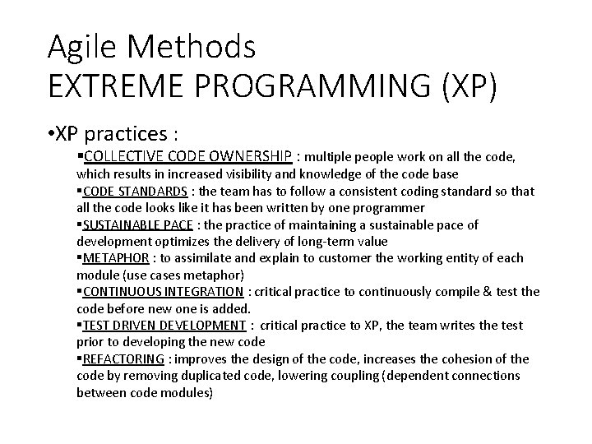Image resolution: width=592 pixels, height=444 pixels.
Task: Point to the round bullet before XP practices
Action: (x=51, y=132)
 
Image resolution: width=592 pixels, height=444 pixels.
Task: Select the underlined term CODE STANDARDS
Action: (x=135, y=191)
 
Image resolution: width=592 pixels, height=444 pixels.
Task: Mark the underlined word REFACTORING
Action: (x=124, y=359)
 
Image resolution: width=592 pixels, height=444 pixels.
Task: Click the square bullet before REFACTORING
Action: (x=80, y=359)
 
